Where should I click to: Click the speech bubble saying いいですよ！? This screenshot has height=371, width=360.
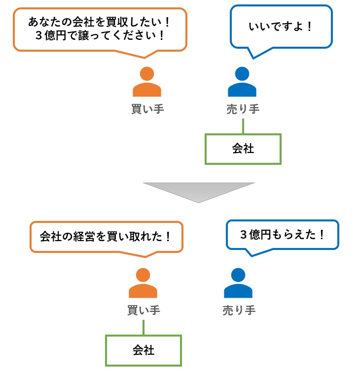pyautogui.click(x=281, y=26)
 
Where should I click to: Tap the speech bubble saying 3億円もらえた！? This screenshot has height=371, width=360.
pyautogui.click(x=283, y=235)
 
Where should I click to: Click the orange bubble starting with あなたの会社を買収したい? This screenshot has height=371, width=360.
pyautogui.click(x=100, y=29)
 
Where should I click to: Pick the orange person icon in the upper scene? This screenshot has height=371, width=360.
pyautogui.click(x=147, y=82)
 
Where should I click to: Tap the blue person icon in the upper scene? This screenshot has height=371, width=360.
pyautogui.click(x=242, y=82)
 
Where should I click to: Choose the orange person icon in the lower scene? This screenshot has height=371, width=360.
pyautogui.click(x=143, y=284)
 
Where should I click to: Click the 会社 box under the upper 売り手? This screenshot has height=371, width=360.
pyautogui.click(x=243, y=149)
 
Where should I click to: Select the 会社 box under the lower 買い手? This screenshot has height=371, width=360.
pyautogui.click(x=144, y=350)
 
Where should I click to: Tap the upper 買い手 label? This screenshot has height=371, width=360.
pyautogui.click(x=147, y=109)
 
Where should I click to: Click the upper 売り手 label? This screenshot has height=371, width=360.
pyautogui.click(x=242, y=109)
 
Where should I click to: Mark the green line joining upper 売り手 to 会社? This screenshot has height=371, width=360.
pyautogui.click(x=243, y=126)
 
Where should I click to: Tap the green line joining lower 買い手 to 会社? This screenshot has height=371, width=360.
pyautogui.click(x=144, y=327)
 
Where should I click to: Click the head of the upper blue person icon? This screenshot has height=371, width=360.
pyautogui.click(x=242, y=74)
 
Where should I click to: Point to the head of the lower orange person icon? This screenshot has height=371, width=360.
pyautogui.click(x=143, y=276)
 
